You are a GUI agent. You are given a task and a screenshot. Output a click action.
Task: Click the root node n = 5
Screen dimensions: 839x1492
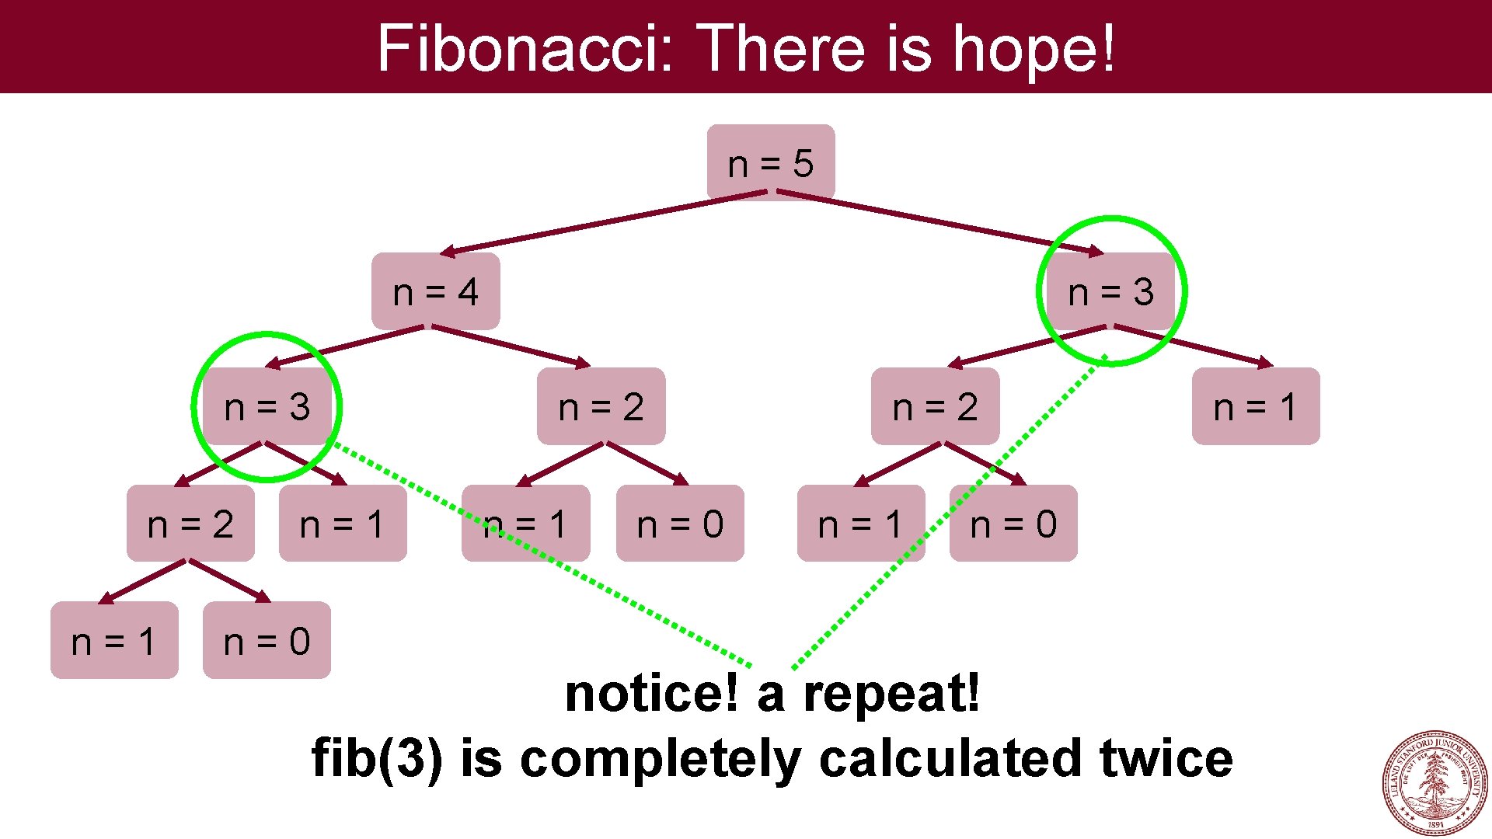point(770,163)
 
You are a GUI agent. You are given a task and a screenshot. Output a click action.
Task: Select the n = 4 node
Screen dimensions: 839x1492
point(435,291)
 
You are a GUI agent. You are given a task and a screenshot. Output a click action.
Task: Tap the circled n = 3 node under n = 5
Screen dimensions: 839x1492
point(1110,291)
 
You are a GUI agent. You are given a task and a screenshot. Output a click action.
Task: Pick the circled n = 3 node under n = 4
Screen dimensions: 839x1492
point(267,406)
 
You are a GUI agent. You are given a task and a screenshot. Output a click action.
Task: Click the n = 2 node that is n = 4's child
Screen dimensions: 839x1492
point(601,406)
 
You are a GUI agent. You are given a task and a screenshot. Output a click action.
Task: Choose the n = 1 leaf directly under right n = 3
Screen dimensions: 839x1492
point(1255,406)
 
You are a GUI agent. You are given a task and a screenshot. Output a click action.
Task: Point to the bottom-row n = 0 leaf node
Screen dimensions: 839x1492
point(267,641)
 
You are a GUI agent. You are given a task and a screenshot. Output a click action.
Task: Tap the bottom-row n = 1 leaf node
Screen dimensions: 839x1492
point(114,641)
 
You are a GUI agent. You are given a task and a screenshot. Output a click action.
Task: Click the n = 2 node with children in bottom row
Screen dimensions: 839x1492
point(190,524)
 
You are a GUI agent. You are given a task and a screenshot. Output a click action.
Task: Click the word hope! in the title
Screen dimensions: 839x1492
point(1034,48)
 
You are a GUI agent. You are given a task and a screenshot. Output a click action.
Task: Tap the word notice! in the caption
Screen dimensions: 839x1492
point(651,693)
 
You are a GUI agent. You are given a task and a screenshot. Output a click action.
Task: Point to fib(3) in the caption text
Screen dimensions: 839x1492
point(377,758)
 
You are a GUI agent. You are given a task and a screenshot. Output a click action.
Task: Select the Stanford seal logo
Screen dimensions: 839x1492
point(1434,782)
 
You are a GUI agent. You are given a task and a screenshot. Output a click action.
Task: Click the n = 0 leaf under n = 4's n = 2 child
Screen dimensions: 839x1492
point(680,524)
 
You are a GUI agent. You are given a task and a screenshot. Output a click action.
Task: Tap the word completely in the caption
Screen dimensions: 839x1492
point(660,758)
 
